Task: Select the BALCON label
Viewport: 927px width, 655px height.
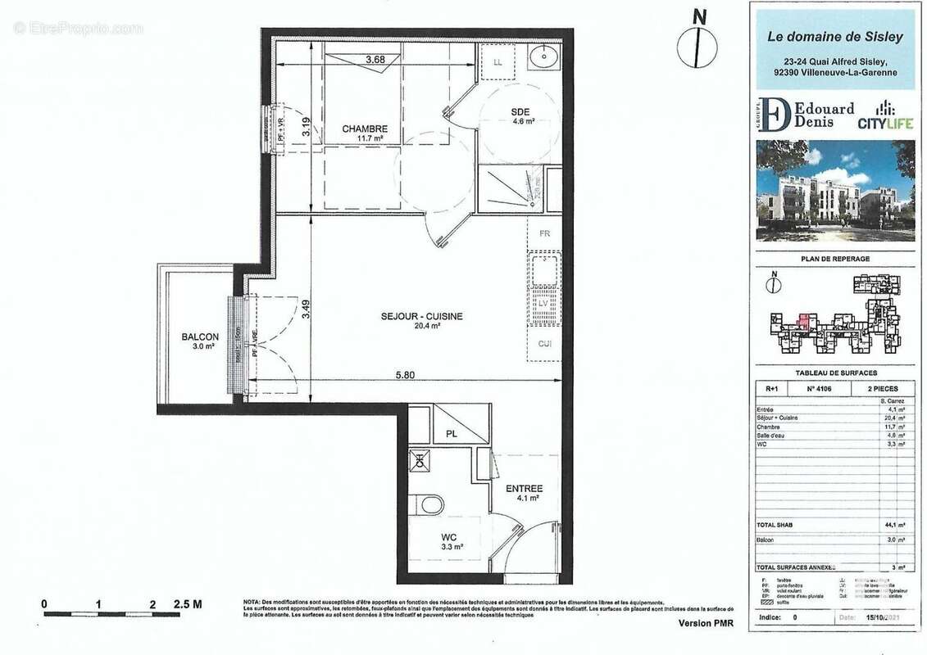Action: (200, 337)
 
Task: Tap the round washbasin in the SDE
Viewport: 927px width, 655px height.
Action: (542, 58)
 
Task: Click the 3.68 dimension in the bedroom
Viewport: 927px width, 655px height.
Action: (375, 59)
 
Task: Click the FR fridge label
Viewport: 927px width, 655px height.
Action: (543, 233)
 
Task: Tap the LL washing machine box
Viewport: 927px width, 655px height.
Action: (498, 62)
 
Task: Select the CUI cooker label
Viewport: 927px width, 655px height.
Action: (544, 344)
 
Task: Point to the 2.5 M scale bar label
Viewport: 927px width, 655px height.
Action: (187, 604)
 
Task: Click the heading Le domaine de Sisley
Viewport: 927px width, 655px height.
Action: (834, 36)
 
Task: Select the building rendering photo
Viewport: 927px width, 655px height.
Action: (834, 190)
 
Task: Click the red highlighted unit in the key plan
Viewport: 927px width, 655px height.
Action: (804, 320)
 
